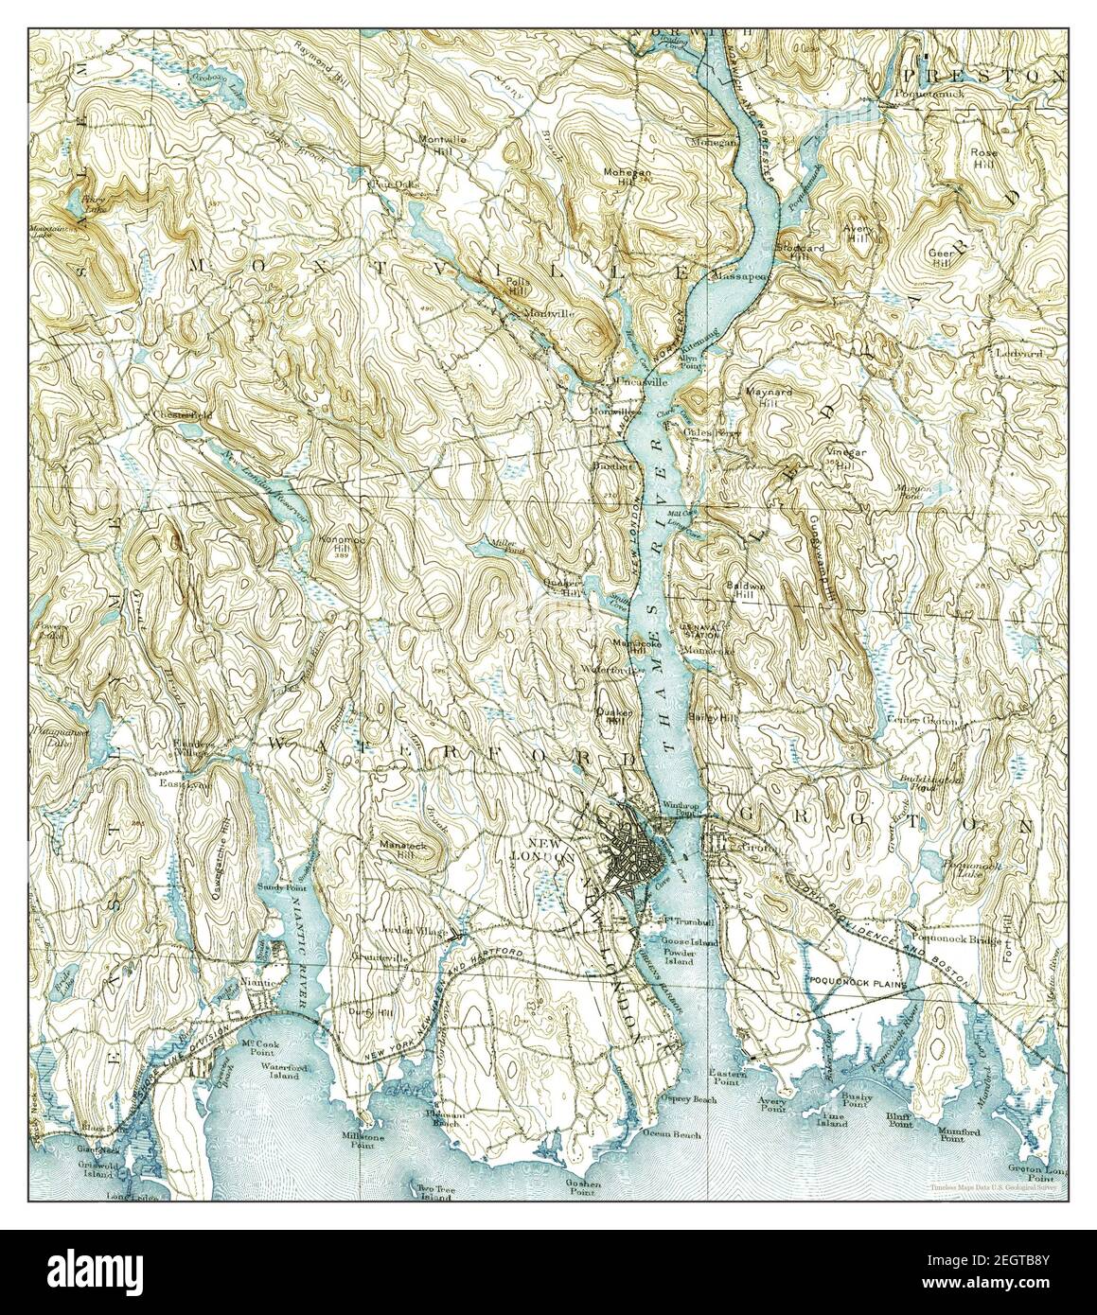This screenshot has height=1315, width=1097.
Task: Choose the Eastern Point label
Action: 730,1079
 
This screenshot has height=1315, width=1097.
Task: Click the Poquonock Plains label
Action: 852,985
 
